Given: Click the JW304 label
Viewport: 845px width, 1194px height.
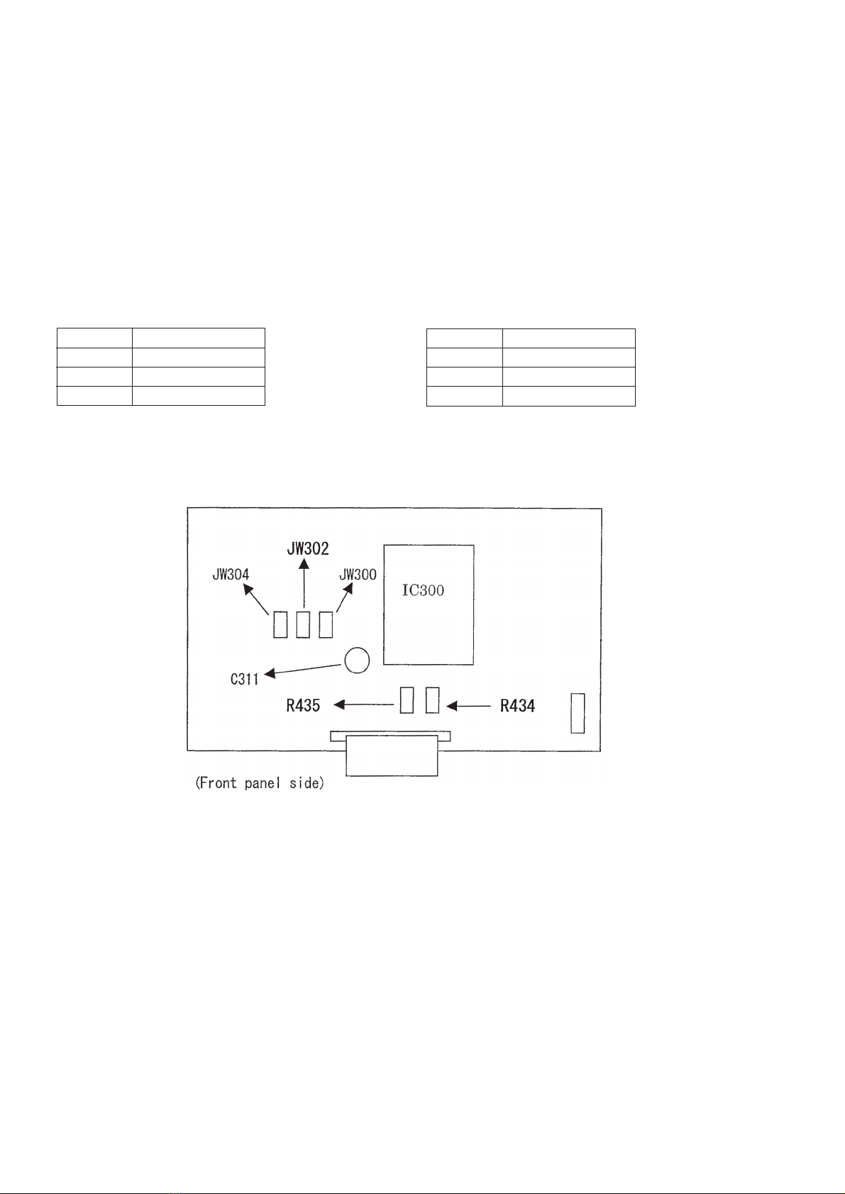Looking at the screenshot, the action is click(x=231, y=575).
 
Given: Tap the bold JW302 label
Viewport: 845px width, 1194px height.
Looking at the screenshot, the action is click(x=308, y=548).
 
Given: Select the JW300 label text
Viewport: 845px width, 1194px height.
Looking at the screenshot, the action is click(x=358, y=575).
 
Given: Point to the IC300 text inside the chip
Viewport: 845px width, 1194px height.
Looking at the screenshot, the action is click(x=424, y=590).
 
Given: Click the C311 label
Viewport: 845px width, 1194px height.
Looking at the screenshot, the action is click(x=245, y=679).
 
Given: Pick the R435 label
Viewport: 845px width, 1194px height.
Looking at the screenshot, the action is click(x=303, y=706).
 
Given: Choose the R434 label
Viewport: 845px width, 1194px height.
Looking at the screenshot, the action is click(x=517, y=706).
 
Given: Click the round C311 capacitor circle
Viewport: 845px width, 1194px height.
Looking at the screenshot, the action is click(x=357, y=660).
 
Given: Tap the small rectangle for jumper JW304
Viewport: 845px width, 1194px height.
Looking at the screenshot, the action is click(x=280, y=624).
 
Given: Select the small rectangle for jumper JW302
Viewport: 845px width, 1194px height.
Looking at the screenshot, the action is click(x=304, y=624).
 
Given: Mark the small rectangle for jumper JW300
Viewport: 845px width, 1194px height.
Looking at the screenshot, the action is click(x=326, y=624).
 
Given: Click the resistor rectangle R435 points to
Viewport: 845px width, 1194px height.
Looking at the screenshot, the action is click(x=407, y=700).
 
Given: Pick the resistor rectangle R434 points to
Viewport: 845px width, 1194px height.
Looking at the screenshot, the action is click(x=432, y=700).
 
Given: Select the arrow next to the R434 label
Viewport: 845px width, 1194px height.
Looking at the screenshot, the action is click(x=468, y=706).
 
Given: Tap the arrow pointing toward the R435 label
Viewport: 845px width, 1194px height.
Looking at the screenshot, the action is click(x=363, y=705).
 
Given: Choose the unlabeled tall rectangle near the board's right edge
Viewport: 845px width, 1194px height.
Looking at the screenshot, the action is click(x=578, y=713).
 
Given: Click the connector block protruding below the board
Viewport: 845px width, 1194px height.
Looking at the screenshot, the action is click(x=391, y=756).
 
